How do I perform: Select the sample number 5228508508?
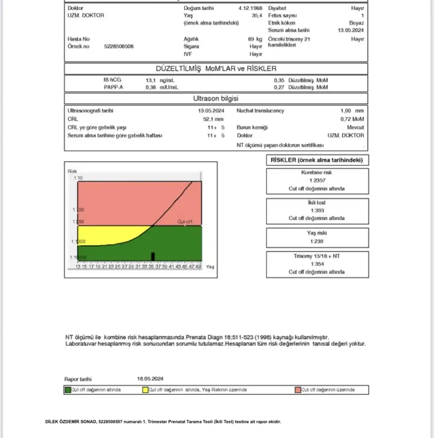[119, 46]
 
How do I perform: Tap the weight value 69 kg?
[255, 39]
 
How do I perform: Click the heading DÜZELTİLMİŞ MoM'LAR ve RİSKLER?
[216, 68]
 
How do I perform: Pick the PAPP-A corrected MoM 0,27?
[279, 87]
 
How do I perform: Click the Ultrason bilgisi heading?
[216, 99]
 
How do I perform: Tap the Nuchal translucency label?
[260, 111]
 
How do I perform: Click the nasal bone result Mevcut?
[355, 127]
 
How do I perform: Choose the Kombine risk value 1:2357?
[317, 181]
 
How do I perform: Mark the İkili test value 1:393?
[317, 210]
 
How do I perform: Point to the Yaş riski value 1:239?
[317, 241]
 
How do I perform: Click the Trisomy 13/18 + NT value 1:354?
[317, 264]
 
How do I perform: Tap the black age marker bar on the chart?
[153, 256]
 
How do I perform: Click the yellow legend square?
[145, 390]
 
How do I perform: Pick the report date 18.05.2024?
[150, 379]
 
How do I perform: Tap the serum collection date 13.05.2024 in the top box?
[351, 30]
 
